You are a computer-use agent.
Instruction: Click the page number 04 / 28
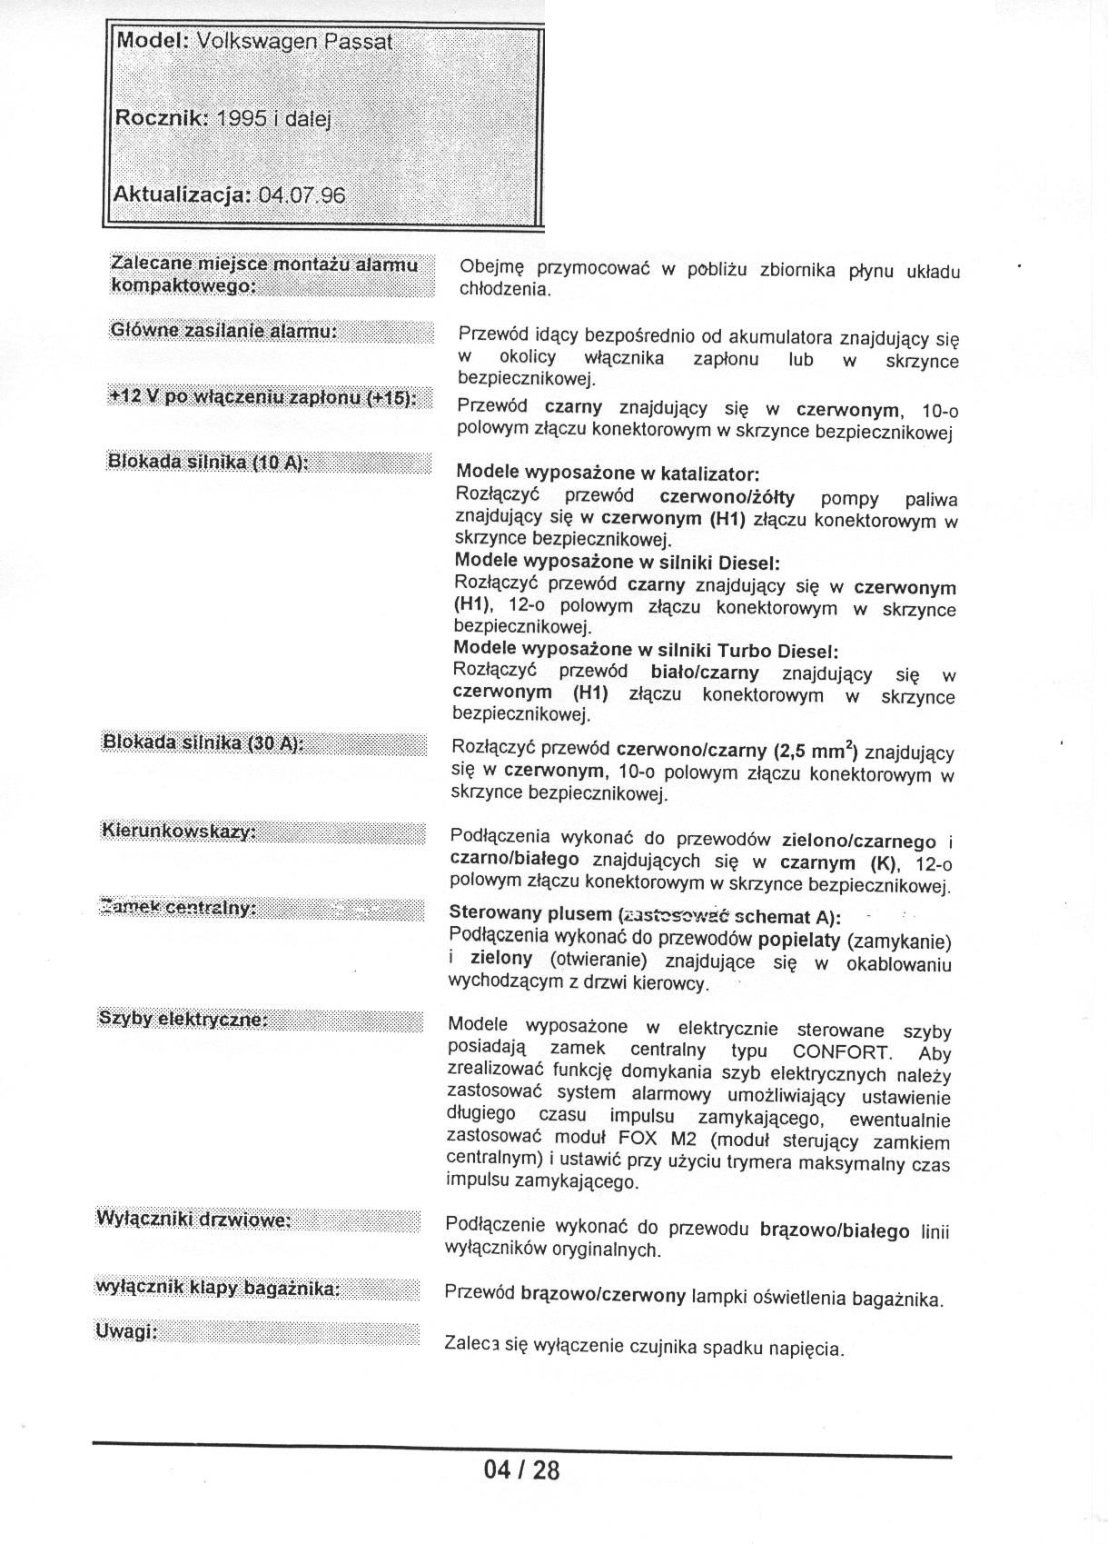coord(521,1469)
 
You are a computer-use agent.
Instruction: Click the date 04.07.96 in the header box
coord(302,195)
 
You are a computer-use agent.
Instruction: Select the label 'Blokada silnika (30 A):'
coord(203,742)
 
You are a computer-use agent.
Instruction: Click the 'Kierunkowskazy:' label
coord(179,831)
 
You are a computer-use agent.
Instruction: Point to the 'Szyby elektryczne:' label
coord(183,1019)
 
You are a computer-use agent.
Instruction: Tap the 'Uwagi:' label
coord(126,1331)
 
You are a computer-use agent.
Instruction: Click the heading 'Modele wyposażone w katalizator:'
coord(608,473)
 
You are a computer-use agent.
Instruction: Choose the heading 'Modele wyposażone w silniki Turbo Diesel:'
coord(646,650)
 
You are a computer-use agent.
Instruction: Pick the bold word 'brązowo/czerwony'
coord(603,1295)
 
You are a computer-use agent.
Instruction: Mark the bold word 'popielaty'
coord(797,939)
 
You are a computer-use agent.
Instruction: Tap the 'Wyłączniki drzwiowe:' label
coord(193,1219)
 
